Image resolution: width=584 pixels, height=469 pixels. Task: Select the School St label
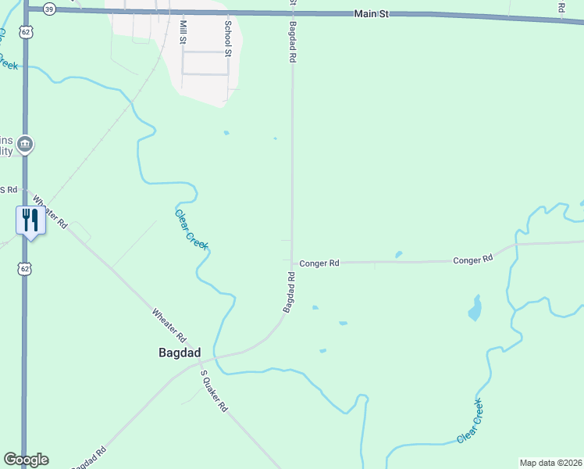[x=228, y=38]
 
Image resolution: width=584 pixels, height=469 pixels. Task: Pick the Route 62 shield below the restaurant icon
[x=26, y=269]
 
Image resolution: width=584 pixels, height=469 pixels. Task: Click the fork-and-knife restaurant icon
[x=30, y=220]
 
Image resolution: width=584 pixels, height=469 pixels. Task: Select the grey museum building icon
[x=25, y=144]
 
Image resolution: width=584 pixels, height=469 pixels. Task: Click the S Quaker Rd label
[x=213, y=391]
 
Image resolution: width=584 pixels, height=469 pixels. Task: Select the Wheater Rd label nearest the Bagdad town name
[x=169, y=327]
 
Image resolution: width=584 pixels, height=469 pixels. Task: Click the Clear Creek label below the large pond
[x=470, y=422]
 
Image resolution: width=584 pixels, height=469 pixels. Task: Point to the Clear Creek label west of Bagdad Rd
[x=192, y=230]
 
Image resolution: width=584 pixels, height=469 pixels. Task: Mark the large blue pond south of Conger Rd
[x=475, y=308]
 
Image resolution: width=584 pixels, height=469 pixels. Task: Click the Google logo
[x=26, y=460]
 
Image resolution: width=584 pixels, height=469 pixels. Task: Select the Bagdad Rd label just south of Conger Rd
[x=289, y=292]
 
